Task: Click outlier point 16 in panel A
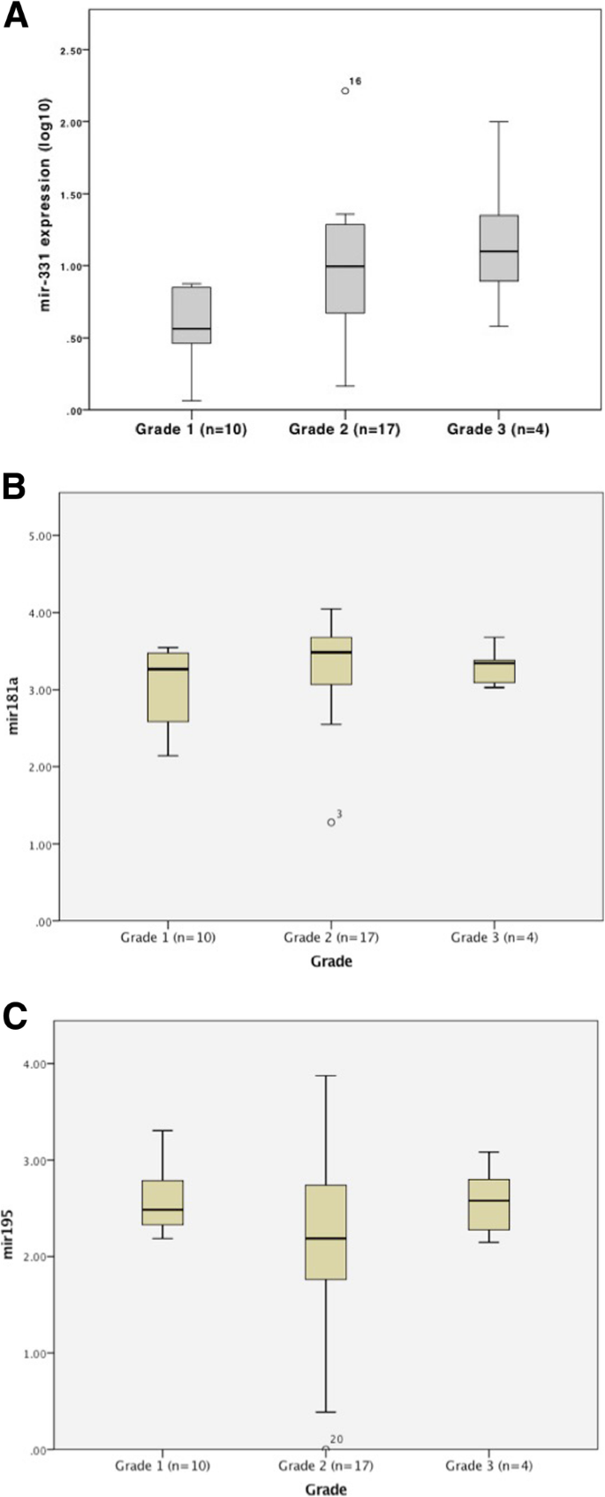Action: point(345,90)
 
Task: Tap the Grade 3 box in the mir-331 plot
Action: point(498,247)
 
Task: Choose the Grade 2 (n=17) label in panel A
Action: point(344,430)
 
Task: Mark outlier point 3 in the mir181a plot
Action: point(331,821)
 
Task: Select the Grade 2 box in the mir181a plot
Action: point(331,660)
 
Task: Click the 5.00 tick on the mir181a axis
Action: point(42,535)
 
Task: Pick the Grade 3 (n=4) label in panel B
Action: point(494,937)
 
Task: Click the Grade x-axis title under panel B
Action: point(330,961)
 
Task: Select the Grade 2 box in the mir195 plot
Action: point(326,1231)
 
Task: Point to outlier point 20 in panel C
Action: point(326,1449)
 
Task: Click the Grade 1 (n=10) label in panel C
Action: point(163,1466)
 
